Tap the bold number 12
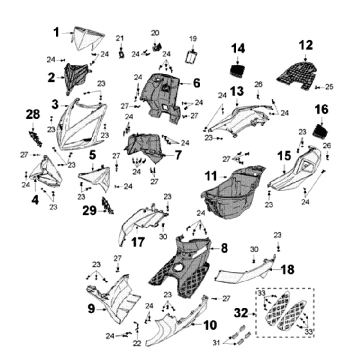click(305, 45)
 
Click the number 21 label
click(119, 38)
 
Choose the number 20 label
click(155, 33)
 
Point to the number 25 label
click(328, 87)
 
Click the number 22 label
click(137, 343)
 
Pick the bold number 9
click(91, 309)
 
